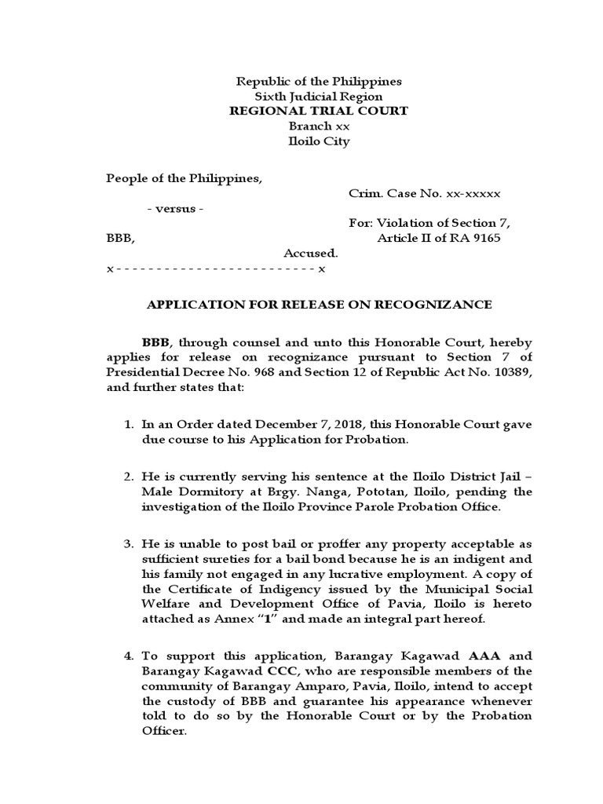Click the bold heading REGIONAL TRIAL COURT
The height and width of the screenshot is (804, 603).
(318, 111)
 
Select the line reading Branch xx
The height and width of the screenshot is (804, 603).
(319, 126)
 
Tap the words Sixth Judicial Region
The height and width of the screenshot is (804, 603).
(319, 96)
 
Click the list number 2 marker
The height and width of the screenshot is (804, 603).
(130, 477)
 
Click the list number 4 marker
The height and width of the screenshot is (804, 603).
(130, 656)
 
